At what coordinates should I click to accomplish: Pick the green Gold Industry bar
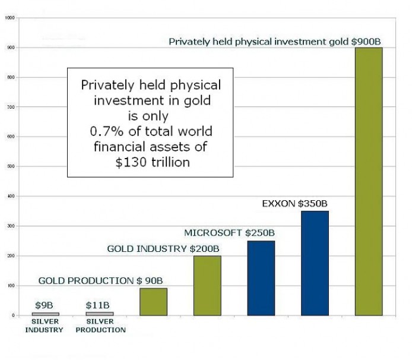coord(207,285)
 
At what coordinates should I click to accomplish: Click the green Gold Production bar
coord(153,301)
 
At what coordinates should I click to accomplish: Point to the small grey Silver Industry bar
coord(46,314)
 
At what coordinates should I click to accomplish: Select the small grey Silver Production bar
coord(99,313)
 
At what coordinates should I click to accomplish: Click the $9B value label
coord(46,305)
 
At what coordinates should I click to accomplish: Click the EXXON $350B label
coord(294,204)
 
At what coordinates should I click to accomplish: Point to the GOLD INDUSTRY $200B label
coord(155,248)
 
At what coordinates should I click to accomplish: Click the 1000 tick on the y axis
coord(9,17)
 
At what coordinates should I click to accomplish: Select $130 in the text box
coord(131,162)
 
